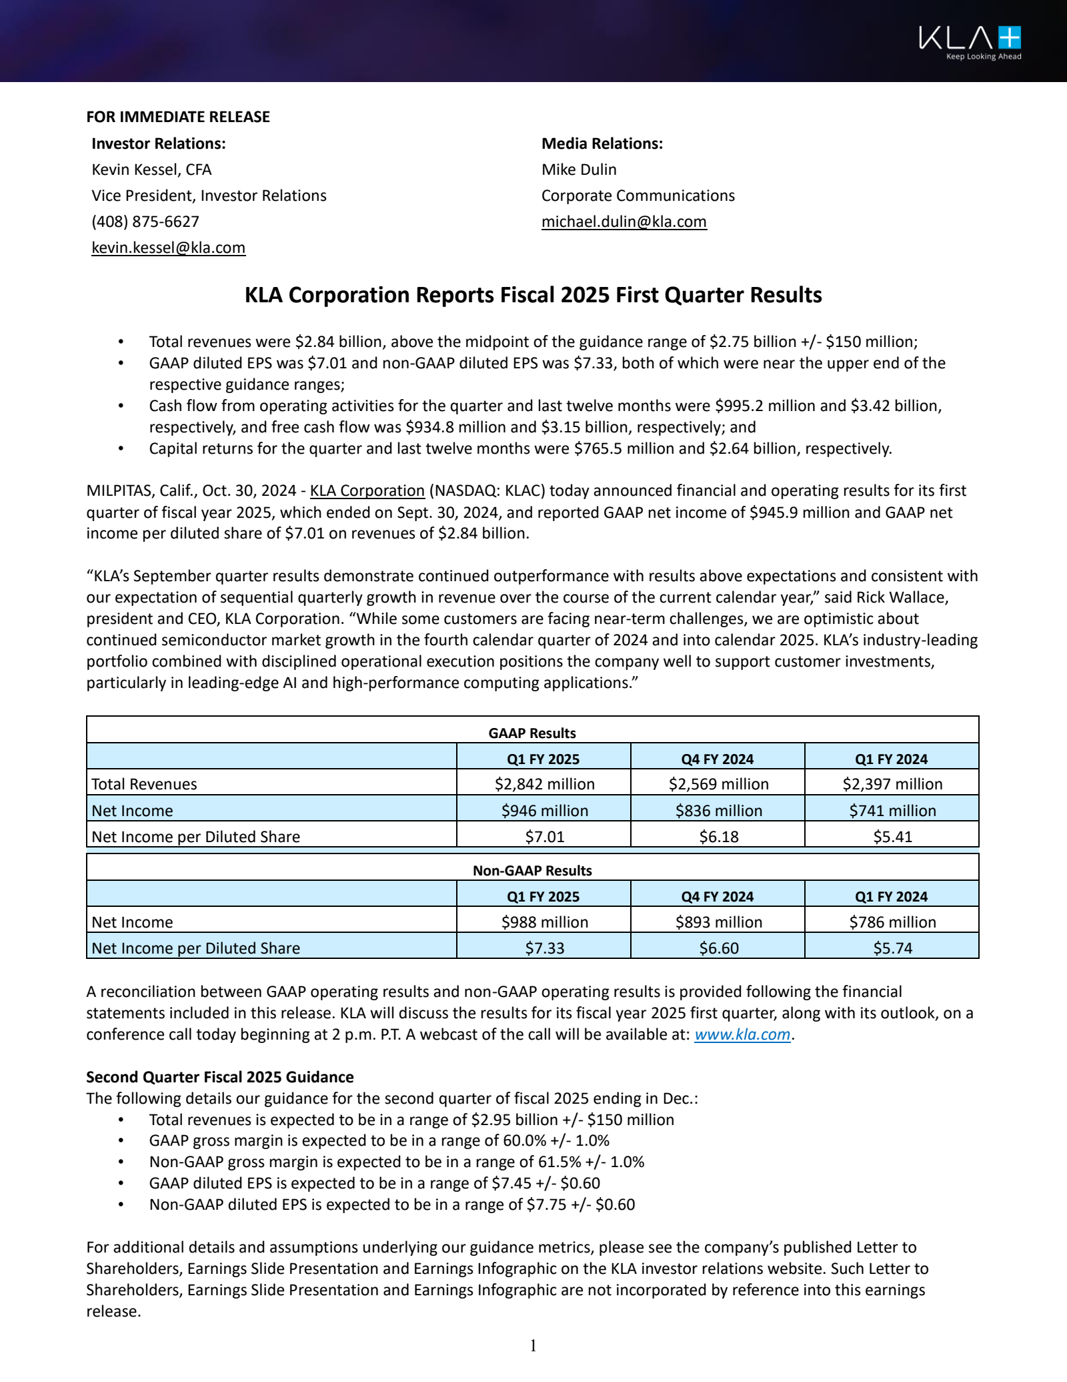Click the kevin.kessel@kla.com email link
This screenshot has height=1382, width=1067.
[168, 248]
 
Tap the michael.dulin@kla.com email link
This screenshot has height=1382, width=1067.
[624, 222]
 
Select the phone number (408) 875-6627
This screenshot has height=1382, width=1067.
[145, 222]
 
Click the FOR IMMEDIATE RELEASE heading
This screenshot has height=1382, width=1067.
[178, 117]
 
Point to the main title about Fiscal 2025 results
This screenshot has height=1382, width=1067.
[533, 295]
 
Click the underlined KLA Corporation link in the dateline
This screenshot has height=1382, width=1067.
[367, 490]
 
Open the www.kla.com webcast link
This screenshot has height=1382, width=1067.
[742, 1034]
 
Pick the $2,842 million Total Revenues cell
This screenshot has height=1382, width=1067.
[544, 784]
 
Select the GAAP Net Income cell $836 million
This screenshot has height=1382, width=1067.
[718, 811]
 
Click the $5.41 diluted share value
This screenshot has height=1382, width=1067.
[892, 837]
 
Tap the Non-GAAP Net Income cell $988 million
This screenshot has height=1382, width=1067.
[544, 922]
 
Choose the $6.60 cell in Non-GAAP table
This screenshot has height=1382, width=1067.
[718, 948]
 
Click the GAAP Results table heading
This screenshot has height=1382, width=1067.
[532, 733]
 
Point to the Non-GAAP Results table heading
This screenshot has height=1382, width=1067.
[532, 871]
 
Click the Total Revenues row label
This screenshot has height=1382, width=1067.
[144, 784]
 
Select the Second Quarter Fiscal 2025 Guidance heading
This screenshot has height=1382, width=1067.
[220, 1077]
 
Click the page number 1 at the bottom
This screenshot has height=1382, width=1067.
[533, 1346]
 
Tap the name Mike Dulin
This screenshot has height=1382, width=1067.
[579, 169]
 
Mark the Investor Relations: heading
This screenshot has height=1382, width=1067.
[159, 143]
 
